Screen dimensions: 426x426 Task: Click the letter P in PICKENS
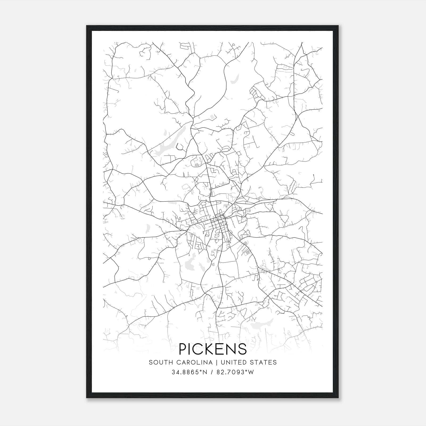[183, 349]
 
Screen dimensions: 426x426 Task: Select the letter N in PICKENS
[233, 349]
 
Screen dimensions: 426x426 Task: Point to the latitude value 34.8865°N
[189, 372]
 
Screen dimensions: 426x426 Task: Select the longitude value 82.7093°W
[236, 372]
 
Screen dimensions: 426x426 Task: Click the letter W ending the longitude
[252, 372]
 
